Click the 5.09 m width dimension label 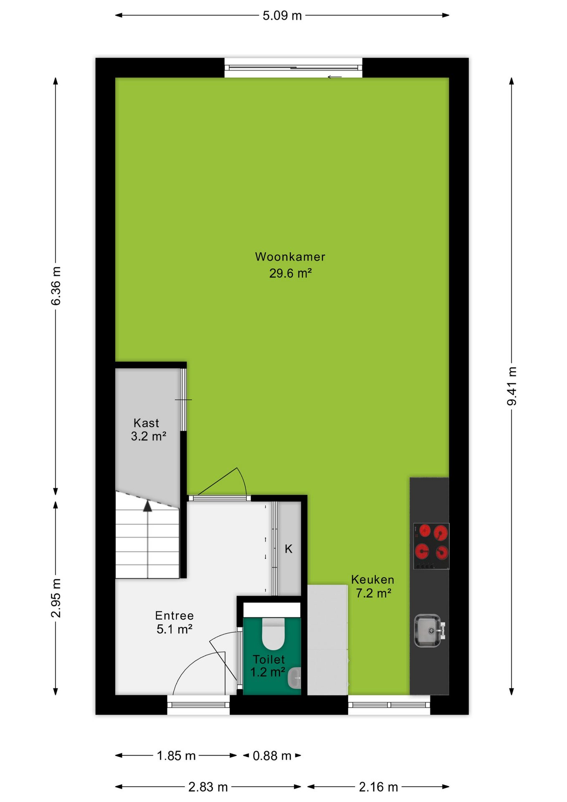click(282, 16)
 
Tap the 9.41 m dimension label click(512, 386)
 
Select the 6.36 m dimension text click(56, 286)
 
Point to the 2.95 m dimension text click(56, 598)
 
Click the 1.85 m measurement click(176, 756)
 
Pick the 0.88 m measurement click(272, 756)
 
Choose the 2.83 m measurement click(208, 787)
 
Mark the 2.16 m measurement click(379, 787)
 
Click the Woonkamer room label click(290, 256)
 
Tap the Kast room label click(146, 423)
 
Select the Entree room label click(175, 615)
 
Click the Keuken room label click(373, 579)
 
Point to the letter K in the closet click(289, 549)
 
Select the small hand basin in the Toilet click(294, 678)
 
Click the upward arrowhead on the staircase click(147, 506)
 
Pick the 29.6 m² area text click(291, 273)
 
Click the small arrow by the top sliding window click(335, 77)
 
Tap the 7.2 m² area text click(374, 593)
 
